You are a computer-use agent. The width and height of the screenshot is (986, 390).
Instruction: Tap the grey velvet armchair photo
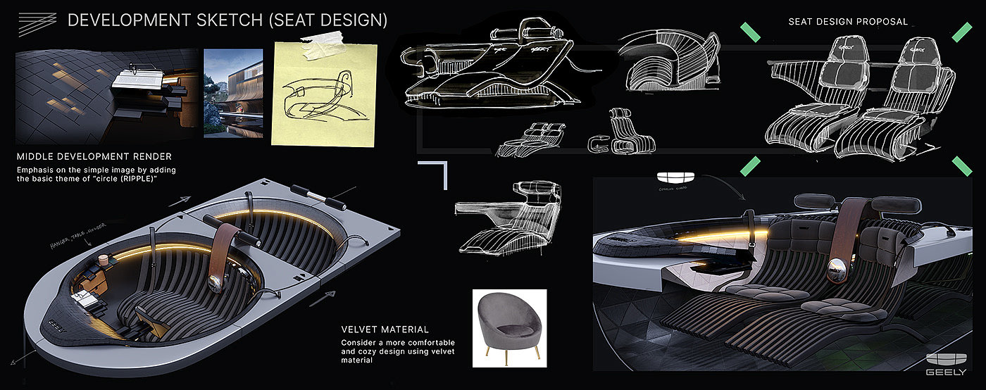point(509,328)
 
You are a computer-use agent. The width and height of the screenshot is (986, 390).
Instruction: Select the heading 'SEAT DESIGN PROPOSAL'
point(848,22)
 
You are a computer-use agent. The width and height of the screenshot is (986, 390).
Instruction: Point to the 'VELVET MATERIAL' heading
point(384,329)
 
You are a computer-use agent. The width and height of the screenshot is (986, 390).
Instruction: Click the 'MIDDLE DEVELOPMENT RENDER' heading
point(94,156)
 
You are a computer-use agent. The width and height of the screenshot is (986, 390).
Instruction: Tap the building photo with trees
point(233,93)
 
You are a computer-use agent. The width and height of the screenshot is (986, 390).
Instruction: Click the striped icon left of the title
point(37,22)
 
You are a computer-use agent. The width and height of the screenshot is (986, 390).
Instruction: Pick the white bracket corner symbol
point(435,174)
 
